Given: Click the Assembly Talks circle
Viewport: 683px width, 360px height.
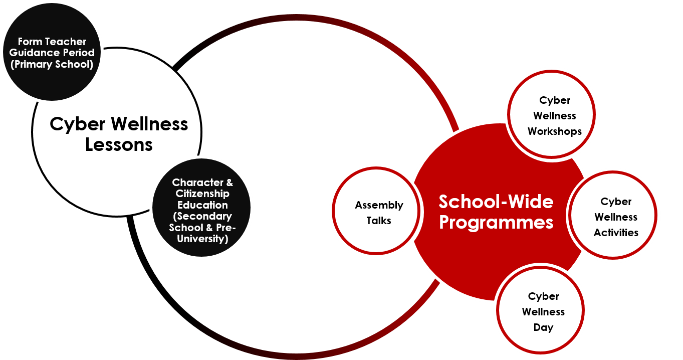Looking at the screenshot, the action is point(376,211).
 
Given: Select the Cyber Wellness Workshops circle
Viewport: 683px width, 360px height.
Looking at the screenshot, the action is point(551,114).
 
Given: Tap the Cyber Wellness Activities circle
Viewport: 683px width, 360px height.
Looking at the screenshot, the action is point(613,215).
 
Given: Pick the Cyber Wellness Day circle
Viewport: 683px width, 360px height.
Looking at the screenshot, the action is point(541,310).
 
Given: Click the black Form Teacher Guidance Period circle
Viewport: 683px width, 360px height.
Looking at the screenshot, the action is point(52,52).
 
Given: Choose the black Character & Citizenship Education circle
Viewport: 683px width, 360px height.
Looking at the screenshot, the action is point(201,208).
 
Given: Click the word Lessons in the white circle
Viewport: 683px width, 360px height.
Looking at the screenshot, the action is point(119,144).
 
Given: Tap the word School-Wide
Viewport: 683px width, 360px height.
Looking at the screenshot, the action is point(496,202).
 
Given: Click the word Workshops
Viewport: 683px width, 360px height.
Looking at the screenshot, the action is point(555,131).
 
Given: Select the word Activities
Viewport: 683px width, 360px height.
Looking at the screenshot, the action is point(616,233).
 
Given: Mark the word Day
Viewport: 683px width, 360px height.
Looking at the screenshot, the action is point(543,328).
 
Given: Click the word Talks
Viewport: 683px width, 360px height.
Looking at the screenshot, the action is point(379,220).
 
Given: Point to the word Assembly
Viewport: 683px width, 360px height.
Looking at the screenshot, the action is point(379,205).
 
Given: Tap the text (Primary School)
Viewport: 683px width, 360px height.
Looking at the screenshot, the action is point(52,64).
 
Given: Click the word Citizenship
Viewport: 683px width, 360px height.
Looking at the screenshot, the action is point(202,194).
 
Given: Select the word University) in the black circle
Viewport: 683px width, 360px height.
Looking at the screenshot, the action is point(202,239).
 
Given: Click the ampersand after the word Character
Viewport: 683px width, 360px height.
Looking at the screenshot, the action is point(230,183).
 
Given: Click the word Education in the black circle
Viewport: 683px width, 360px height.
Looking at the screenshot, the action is point(202,205).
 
